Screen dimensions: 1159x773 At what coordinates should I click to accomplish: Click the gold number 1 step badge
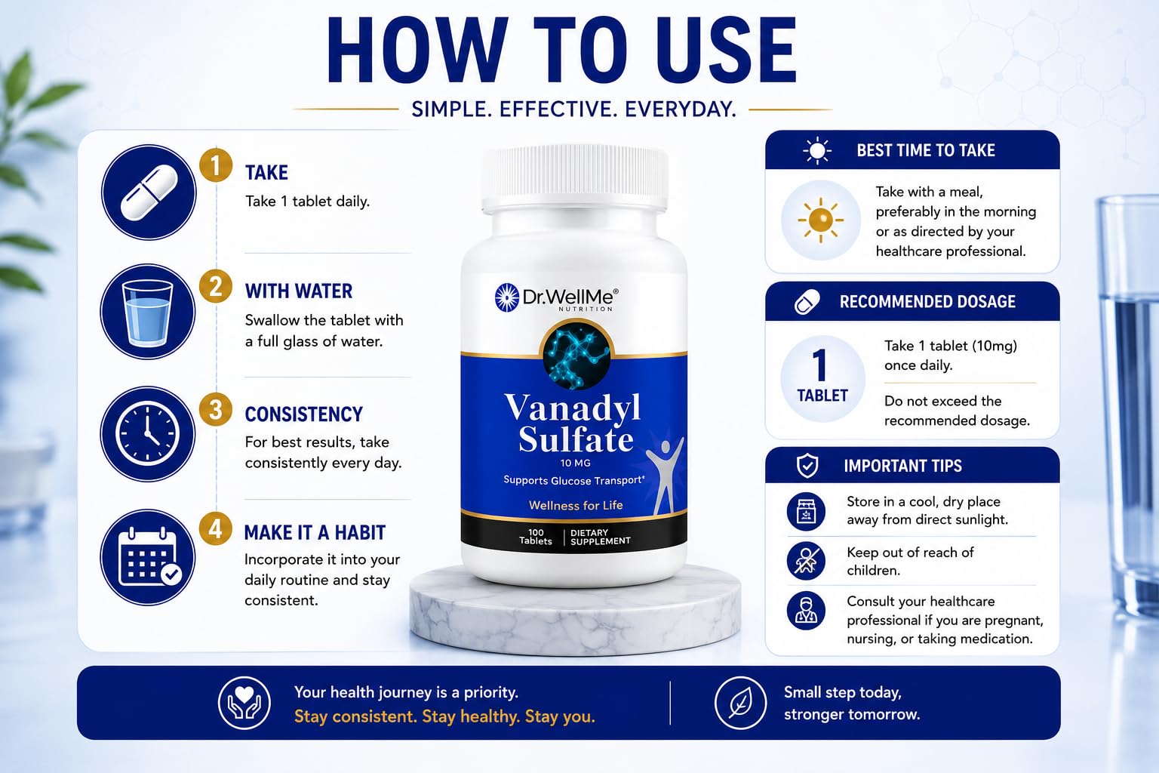216,165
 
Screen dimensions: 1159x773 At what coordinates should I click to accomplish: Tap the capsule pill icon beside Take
149,192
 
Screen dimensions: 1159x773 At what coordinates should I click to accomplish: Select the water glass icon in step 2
147,313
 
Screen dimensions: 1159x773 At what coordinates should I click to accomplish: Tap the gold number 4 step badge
216,529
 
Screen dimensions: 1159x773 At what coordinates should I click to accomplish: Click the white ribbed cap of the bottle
574,179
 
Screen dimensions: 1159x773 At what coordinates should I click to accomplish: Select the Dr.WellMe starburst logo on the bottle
506,297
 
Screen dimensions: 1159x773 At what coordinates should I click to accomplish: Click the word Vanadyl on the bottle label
573,408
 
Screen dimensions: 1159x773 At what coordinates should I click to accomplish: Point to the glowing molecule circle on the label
576,355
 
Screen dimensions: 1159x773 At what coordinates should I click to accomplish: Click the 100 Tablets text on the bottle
536,537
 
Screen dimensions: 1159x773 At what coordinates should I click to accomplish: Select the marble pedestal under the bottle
575,611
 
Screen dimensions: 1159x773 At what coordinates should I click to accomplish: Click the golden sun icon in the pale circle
821,220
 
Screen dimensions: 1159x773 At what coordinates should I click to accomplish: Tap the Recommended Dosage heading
927,302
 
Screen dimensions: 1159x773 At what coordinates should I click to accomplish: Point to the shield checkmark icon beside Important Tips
807,466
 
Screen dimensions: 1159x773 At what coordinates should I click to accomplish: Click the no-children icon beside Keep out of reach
806,561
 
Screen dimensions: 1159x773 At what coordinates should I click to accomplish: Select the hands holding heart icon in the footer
244,703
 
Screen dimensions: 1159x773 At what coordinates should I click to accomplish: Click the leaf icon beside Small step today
740,703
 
